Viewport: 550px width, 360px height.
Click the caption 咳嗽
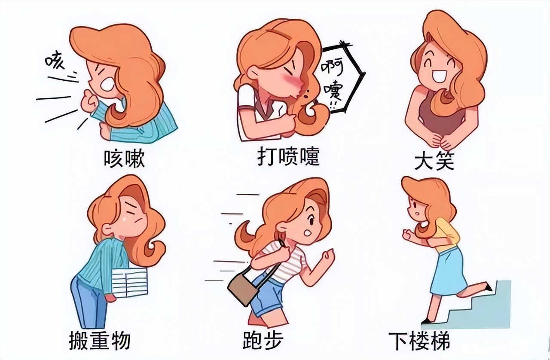click(x=124, y=159)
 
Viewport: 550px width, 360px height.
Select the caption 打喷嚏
click(x=288, y=157)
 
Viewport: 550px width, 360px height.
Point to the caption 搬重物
click(x=100, y=340)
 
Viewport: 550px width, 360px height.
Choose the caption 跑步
click(x=263, y=341)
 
